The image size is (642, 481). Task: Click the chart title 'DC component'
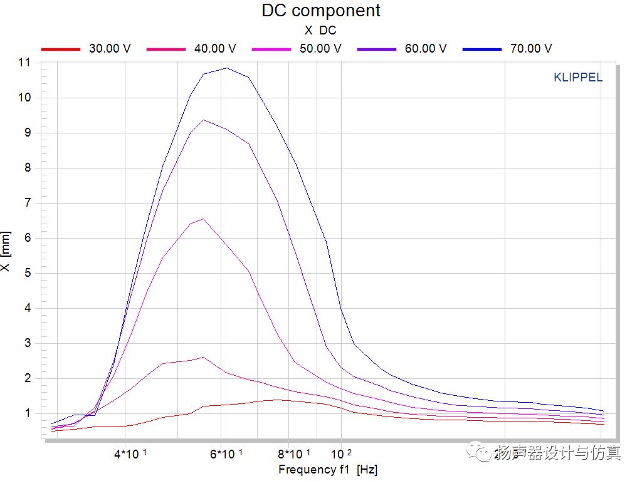coord(320,11)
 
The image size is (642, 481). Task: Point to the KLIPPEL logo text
coord(578,78)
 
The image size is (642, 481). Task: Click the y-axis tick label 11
coord(24,63)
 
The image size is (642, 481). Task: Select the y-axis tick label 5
coord(27,273)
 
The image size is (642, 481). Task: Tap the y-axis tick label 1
coord(27,413)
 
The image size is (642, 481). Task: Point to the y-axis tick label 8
coord(27,168)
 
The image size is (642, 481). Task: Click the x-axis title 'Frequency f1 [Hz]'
coord(328,469)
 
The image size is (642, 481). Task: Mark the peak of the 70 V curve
coord(226,68)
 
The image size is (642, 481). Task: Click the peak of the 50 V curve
coord(203,219)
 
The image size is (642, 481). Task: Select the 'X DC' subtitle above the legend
coord(320,30)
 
